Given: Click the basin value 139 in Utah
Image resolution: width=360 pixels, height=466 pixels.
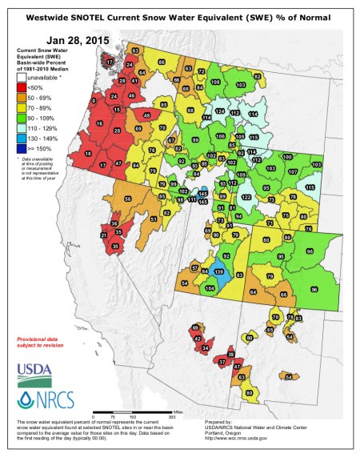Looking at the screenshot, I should (219, 272).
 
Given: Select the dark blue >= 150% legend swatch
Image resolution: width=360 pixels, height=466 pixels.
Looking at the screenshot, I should (22, 148).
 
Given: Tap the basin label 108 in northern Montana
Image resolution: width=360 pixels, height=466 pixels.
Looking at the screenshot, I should (216, 82).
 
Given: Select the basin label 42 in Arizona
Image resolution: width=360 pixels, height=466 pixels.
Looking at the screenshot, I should (198, 339).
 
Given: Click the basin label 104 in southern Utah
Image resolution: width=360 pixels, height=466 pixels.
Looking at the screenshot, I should (210, 288).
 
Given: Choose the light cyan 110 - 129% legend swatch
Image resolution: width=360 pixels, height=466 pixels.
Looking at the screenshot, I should (22, 127).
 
